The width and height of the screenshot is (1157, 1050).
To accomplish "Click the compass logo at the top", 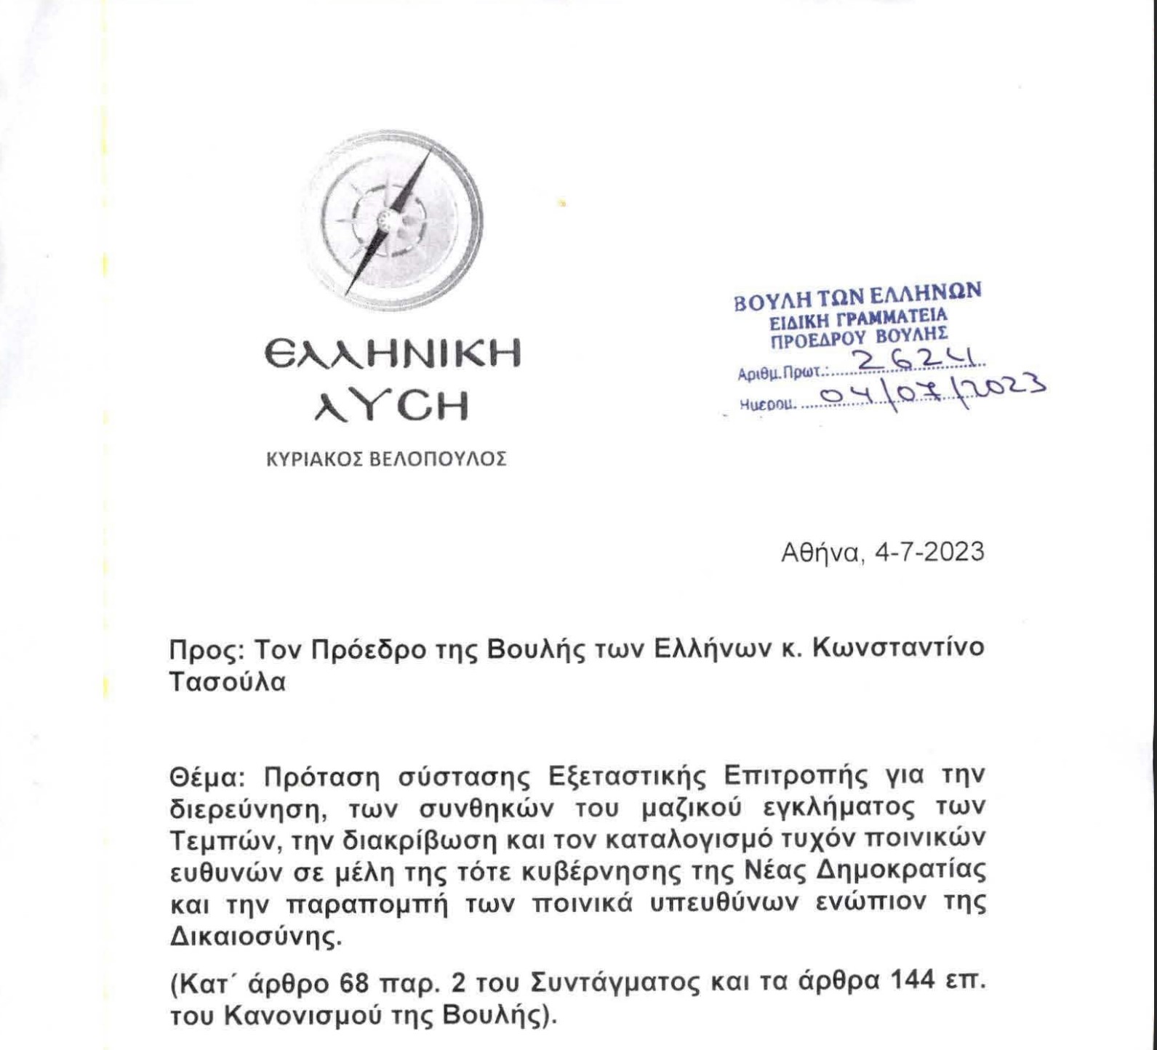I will click(x=393, y=220).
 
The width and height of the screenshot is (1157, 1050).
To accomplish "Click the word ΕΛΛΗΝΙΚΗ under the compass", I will click(x=393, y=355).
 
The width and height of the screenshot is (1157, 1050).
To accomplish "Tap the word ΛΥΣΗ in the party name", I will click(x=393, y=407).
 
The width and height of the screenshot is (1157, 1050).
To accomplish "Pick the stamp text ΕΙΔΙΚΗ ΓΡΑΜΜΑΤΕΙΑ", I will click(x=858, y=318).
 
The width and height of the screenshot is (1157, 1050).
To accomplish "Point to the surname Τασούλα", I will click(x=228, y=683).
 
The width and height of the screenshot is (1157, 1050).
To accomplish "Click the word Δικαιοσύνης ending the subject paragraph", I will click(x=255, y=937).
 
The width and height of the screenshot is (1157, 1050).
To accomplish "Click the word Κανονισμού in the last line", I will click(x=305, y=1016).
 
